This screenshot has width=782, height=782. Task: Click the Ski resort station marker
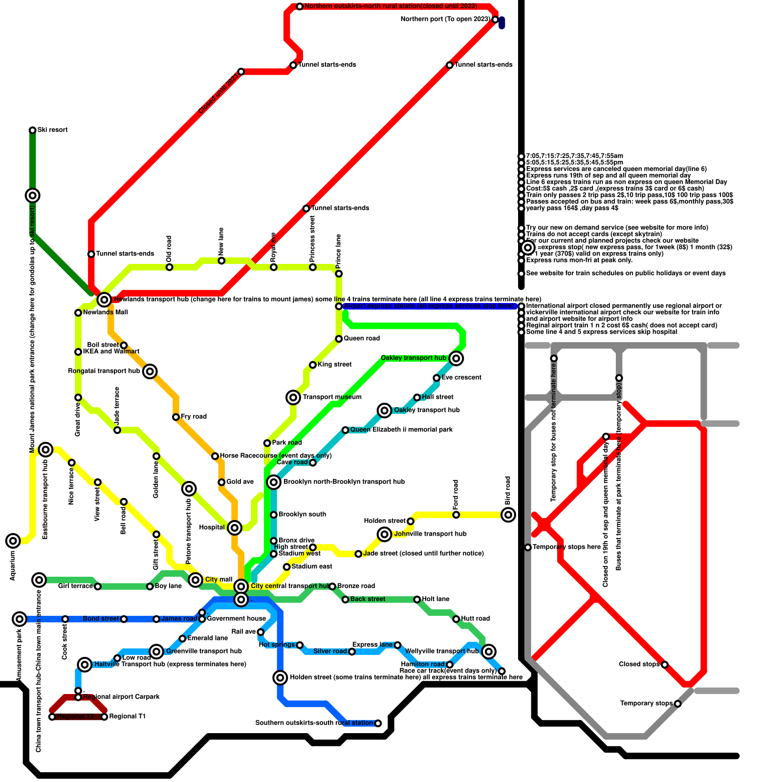pos(32,130)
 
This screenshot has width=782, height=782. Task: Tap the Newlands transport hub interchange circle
pos(104,300)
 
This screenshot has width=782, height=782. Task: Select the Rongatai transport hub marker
pos(151,371)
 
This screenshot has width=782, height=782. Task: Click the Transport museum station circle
pos(293,397)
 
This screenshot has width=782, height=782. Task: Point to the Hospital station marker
pos(235,528)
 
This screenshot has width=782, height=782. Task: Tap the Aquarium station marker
pos(13,541)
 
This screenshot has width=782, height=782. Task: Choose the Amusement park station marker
pos(20,619)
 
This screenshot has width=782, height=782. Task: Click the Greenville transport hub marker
pos(156,651)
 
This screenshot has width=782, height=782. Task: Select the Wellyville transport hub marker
pos(489,651)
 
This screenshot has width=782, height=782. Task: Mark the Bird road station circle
pos(508,515)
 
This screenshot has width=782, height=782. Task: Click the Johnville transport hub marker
pos(385,534)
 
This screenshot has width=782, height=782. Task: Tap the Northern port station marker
pos(495,20)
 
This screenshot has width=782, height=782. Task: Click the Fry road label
pos(194,417)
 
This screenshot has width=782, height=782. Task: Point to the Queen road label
pos(361,339)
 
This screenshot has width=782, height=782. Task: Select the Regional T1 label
pos(127,717)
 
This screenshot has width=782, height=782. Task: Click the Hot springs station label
pos(277,645)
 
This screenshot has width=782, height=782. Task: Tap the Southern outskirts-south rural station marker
pos(378,723)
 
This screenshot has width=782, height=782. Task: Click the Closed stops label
pos(639,665)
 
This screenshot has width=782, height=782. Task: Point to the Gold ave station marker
pos(221,482)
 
